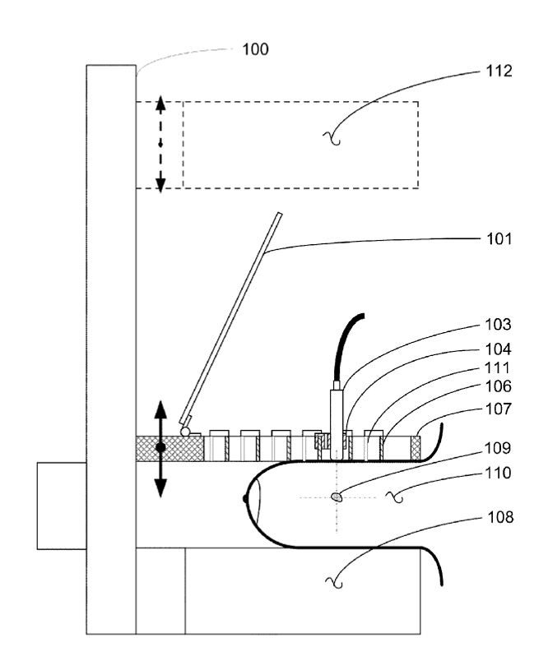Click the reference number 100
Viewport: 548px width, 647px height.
(x=255, y=49)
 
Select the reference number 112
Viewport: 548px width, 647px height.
(x=499, y=71)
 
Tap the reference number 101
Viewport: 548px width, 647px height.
(x=499, y=239)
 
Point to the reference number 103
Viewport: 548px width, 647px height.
(x=498, y=325)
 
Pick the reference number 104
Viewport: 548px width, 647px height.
(x=498, y=349)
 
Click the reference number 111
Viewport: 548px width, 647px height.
(x=497, y=367)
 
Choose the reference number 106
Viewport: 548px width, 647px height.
(x=498, y=386)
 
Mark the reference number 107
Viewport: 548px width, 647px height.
(x=498, y=409)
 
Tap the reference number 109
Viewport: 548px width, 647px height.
(x=498, y=448)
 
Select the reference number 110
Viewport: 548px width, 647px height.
(x=498, y=473)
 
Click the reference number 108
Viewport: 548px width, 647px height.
(x=500, y=517)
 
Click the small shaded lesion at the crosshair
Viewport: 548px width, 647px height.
(x=337, y=497)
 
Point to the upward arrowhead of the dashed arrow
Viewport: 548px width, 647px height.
(x=160, y=103)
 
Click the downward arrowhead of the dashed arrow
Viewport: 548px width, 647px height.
(x=160, y=185)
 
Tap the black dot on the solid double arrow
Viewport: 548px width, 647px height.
(x=160, y=447)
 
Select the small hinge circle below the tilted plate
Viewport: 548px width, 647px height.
(x=185, y=432)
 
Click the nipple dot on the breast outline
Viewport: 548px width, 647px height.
(x=245, y=499)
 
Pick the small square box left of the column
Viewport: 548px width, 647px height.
(x=62, y=506)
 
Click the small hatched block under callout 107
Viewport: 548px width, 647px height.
(x=416, y=449)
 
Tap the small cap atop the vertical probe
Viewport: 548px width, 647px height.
(x=337, y=386)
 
